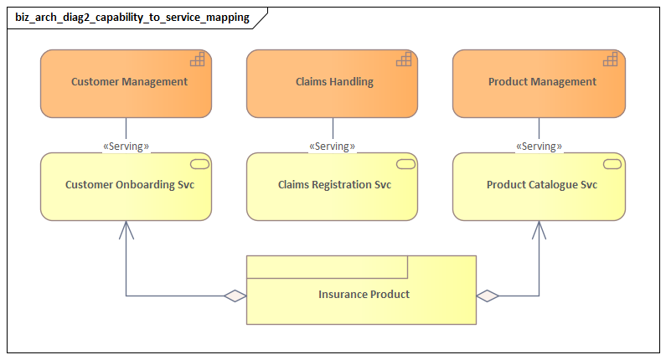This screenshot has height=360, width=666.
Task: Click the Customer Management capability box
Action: [x=126, y=83]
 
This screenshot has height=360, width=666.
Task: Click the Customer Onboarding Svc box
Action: [x=126, y=186]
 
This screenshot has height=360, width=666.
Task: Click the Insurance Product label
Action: [x=364, y=295]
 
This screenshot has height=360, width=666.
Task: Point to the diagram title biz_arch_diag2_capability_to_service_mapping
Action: [x=132, y=18]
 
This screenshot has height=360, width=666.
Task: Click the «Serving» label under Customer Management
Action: [x=126, y=147]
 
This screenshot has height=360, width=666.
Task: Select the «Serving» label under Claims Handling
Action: [x=332, y=147]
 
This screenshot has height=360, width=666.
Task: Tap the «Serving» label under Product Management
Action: [x=539, y=147]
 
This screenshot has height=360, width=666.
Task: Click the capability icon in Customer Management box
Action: [x=197, y=59]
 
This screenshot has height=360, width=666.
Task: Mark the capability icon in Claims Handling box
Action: [x=404, y=59]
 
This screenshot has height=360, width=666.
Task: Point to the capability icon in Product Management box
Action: [x=610, y=59]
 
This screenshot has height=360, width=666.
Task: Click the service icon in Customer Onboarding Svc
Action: [x=199, y=163]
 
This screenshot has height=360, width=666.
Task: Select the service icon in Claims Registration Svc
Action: [x=405, y=163]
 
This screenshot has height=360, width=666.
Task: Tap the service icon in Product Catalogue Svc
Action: [x=612, y=163]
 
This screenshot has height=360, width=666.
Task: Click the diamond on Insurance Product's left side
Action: [x=235, y=296]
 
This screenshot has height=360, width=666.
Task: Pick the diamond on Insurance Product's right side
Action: [x=488, y=296]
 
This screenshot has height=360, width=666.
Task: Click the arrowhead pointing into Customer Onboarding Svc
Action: [x=126, y=227]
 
